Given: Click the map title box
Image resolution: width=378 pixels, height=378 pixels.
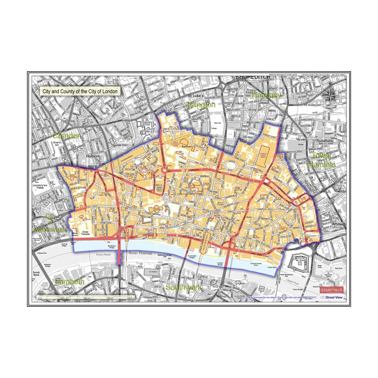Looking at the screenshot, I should (x=80, y=92).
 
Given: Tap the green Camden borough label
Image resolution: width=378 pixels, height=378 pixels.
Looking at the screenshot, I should (x=67, y=136).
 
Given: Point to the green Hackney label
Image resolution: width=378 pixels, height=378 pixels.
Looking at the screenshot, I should (x=266, y=95).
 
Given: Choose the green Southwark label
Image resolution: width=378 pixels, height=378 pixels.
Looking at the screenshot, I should (x=183, y=287).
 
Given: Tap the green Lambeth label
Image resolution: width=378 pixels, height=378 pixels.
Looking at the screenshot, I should (x=69, y=282).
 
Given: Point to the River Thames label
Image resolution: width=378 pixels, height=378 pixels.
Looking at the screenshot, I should (x=141, y=253).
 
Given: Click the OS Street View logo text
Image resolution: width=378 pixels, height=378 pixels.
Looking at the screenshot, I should (x=331, y=298).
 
